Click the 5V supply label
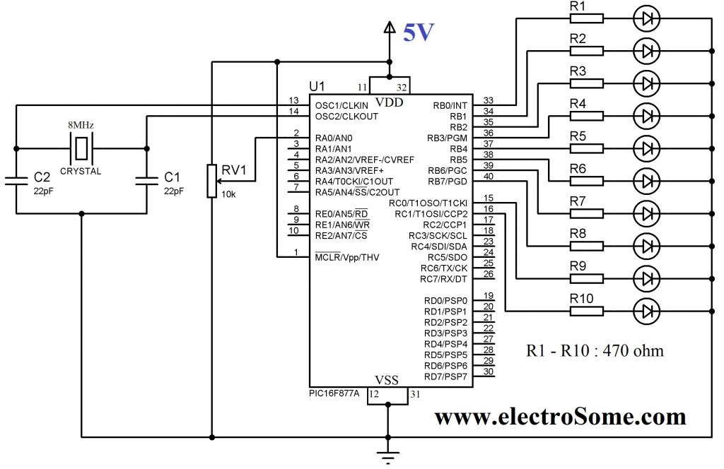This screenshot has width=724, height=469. pos(418,33)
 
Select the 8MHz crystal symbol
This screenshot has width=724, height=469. pos(82,148)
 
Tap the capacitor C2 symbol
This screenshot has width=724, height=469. pos(16,179)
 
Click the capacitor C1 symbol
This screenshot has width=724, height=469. pos(146,179)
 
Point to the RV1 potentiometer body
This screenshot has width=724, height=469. pos(211,181)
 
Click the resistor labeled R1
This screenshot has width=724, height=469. pos(587,18)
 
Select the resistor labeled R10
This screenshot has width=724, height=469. pos(587,310)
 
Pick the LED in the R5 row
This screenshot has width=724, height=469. pos(646,148)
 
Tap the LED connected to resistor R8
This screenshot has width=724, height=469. pos(646,246)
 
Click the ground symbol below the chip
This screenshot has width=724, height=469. pos(387,456)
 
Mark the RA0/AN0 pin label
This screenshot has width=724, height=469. pos(334,138)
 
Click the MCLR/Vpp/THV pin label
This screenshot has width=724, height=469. pos(346,258)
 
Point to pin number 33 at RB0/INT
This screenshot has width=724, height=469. pos(488,100)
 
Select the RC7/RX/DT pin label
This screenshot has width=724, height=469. pos(443,279)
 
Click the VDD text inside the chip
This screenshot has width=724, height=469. pos(387,101)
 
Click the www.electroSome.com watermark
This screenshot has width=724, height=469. pos(559,417)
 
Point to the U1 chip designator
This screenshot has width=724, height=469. pos(317,86)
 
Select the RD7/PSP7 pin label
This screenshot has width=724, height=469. pos(445,376)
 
